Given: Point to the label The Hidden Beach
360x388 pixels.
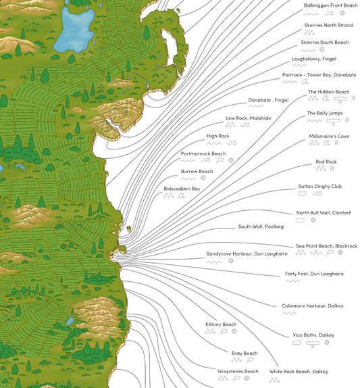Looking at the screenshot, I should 328,92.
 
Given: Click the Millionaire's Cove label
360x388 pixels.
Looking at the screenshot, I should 329,136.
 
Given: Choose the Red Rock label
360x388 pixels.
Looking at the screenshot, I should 326,162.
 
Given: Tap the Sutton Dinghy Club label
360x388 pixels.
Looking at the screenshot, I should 320,187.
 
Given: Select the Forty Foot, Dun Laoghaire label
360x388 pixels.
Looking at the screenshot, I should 314,274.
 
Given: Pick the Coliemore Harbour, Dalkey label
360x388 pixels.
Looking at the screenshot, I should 313,306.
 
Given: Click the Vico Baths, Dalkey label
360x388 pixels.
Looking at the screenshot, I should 313,335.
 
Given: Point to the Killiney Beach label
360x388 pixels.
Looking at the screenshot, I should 221,324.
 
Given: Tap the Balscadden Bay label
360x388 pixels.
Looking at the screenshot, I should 182,189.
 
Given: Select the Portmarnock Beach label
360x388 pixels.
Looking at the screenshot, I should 203,153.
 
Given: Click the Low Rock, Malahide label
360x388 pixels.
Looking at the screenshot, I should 248,118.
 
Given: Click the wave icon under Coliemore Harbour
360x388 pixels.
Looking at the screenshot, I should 289,314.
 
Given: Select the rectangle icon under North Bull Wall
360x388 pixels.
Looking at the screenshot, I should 301,220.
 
